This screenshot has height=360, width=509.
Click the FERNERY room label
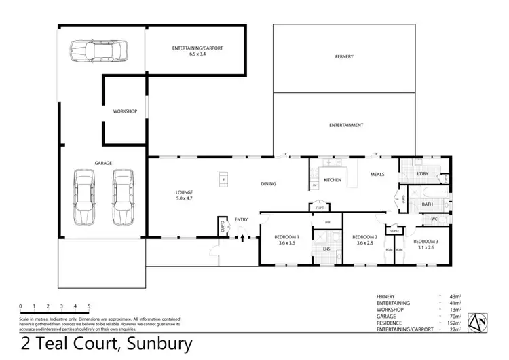coord(344,56)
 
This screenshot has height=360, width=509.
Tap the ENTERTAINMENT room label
coord(346,126)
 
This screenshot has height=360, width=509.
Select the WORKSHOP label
coord(125,111)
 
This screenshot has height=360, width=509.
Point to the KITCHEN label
coord(332,180)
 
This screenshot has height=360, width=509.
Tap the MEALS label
coord(377,175)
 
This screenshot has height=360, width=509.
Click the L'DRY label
coord(425,176)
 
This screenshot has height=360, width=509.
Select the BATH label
coord(428,204)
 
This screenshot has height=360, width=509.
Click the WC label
coord(434,219)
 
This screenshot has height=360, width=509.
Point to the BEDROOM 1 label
coord(285,237)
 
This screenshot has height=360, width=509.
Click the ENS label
coord(326,249)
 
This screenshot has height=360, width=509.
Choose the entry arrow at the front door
coord(242,238)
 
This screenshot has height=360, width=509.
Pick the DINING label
coord(269,184)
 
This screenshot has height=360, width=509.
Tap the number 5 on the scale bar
coord(89,306)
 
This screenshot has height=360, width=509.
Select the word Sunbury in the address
coord(154,344)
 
